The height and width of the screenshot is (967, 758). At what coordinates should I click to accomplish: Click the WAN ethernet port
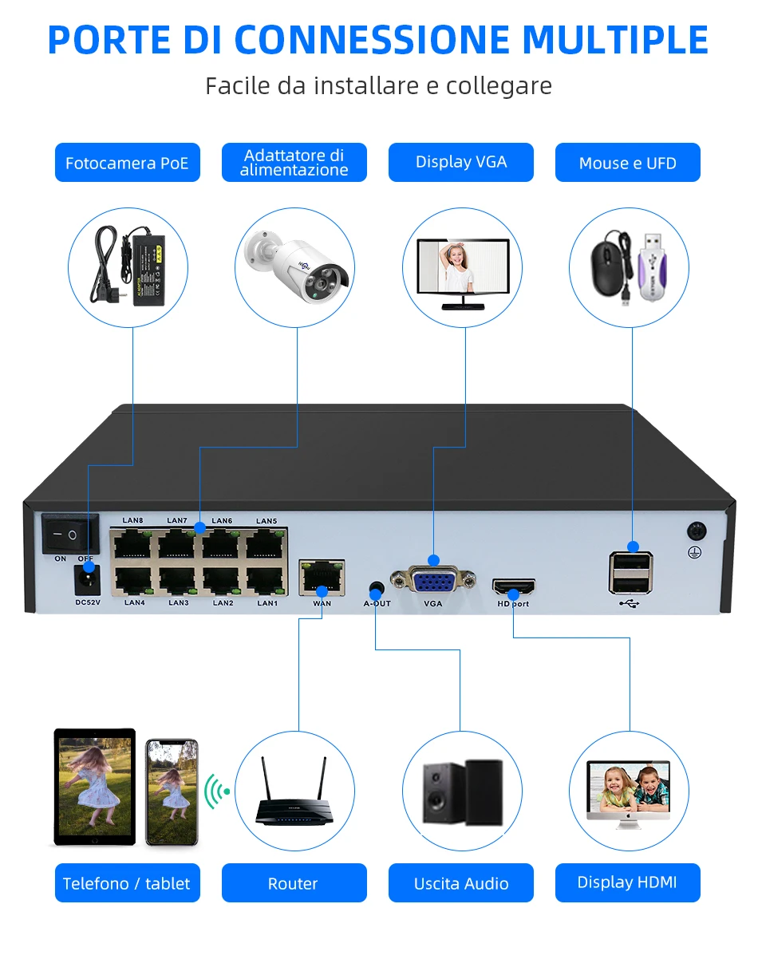322,578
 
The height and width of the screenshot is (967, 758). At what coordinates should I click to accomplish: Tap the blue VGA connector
433,578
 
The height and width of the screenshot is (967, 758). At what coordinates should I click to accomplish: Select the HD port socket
513,586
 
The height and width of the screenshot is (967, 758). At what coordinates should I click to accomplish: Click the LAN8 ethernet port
132,544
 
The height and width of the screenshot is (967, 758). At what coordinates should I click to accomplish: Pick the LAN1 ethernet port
266,581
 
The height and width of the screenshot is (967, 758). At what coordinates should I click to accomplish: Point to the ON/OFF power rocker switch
70,534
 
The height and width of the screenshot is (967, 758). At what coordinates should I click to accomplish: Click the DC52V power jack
87,580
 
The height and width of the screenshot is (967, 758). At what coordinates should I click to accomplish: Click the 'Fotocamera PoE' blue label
128,163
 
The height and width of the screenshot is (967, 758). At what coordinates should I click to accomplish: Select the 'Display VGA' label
461,163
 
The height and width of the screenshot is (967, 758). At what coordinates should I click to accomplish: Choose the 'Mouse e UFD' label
628,163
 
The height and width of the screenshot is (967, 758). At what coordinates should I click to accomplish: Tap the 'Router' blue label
294,883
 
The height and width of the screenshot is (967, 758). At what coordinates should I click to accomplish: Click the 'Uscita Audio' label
461,883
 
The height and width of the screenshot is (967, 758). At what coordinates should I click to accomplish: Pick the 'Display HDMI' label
628,883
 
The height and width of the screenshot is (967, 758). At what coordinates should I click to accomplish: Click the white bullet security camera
298,265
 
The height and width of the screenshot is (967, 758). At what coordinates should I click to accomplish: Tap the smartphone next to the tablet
172,792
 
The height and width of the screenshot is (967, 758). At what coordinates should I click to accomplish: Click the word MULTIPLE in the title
616,40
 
